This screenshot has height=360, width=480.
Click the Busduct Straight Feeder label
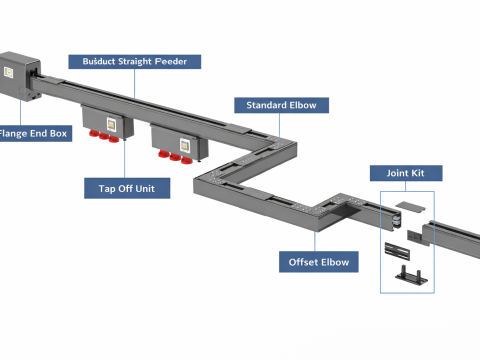(x=135, y=62)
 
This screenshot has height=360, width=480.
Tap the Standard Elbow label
(x=281, y=105)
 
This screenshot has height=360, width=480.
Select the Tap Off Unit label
(x=127, y=188)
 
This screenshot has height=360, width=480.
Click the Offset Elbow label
(x=319, y=262)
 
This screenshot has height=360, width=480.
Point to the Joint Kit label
(x=406, y=173)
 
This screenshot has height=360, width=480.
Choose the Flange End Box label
(x=34, y=133)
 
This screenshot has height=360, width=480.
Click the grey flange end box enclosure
(x=20, y=76)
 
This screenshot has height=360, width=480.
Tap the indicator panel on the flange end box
(x=8, y=72)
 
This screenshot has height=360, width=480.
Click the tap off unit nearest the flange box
(x=107, y=122)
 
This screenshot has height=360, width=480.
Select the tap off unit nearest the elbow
(x=179, y=143)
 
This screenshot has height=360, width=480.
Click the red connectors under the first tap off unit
(x=104, y=136)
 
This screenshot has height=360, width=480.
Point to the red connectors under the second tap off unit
(x=175, y=157)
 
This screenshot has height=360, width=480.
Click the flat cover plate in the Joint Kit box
(x=410, y=206)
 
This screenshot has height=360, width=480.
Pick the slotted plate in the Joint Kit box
(x=397, y=251)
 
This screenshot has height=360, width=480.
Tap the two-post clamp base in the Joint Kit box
(x=412, y=275)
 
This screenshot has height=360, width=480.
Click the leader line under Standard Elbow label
(x=279, y=125)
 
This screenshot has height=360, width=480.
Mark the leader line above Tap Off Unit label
(x=125, y=159)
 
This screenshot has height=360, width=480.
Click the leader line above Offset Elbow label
(x=315, y=241)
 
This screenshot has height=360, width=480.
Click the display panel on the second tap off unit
(x=185, y=145)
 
